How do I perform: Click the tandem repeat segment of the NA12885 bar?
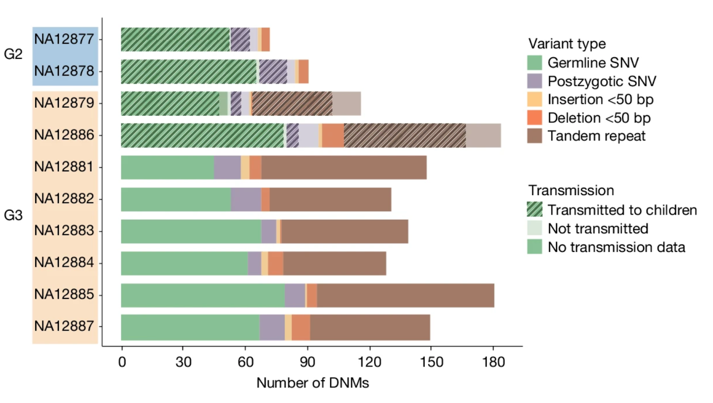click(406, 295)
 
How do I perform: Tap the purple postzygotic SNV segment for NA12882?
click(246, 199)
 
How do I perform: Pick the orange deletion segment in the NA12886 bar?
click(333, 135)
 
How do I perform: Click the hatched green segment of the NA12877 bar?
click(175, 40)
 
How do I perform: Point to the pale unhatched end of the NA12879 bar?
click(346, 104)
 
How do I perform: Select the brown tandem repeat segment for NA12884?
click(334, 263)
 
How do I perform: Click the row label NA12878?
click(64, 71)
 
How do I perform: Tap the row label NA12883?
click(64, 231)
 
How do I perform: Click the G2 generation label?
click(13, 54)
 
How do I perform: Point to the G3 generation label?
click(13, 216)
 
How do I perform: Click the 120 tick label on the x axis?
click(369, 362)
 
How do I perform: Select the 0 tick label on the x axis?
click(122, 362)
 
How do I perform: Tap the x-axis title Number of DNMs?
click(312, 383)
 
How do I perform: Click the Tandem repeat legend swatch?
click(534, 136)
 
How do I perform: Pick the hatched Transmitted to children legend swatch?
click(534, 209)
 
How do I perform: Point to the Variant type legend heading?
click(567, 44)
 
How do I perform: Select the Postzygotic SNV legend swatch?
click(534, 81)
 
